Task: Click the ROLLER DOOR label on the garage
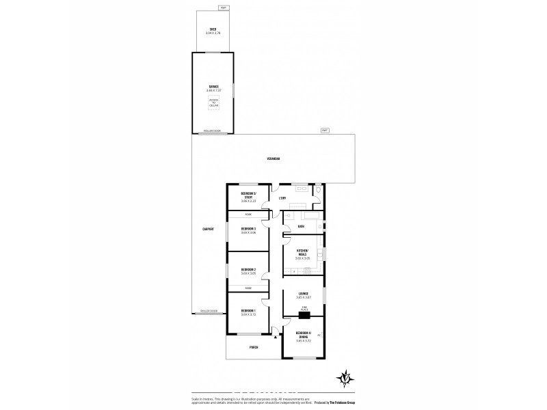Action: click(x=212, y=131)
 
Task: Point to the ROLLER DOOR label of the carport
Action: click(x=209, y=311)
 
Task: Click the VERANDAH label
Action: click(x=273, y=159)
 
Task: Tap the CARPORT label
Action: click(x=209, y=229)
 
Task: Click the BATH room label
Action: click(x=301, y=226)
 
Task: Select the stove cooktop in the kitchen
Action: click(x=320, y=254)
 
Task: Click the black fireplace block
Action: click(x=303, y=316)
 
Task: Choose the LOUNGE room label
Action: click(x=303, y=294)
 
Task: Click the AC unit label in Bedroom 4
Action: click(x=319, y=334)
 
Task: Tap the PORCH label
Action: click(x=254, y=347)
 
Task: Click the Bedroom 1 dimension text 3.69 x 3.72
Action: click(x=248, y=314)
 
